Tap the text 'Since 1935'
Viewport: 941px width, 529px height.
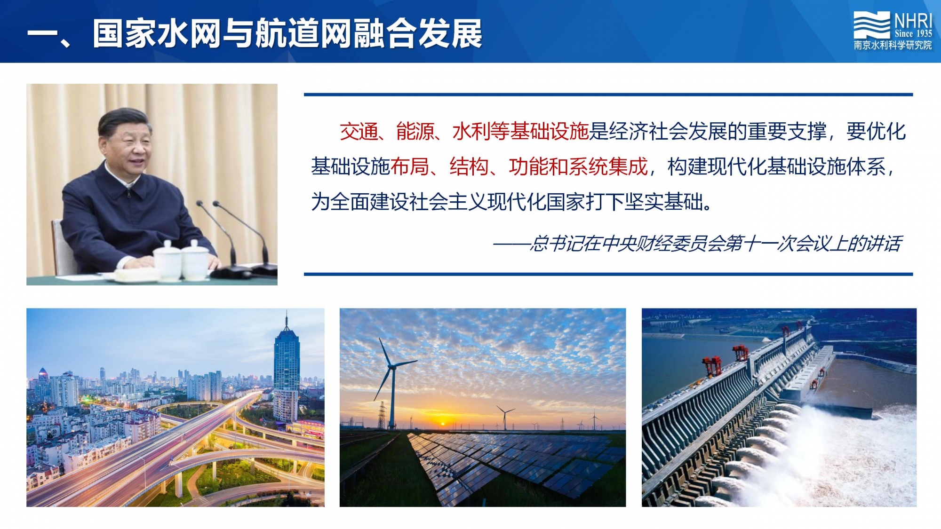coord(913,33)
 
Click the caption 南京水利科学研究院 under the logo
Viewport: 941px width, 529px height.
coord(893,45)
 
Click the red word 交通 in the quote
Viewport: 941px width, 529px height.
coord(359,132)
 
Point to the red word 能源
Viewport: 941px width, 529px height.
coord(415,132)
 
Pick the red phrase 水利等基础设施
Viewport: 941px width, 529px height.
coord(520,132)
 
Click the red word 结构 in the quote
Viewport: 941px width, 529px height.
coord(469,167)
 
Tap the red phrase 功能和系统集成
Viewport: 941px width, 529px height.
coord(578,167)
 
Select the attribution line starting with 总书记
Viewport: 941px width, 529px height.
coord(697,244)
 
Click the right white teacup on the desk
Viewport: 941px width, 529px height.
coord(195,260)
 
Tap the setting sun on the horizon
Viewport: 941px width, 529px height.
coord(442,424)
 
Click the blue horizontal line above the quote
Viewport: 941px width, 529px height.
coord(608,95)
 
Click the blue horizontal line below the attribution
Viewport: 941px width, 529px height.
coord(608,274)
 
